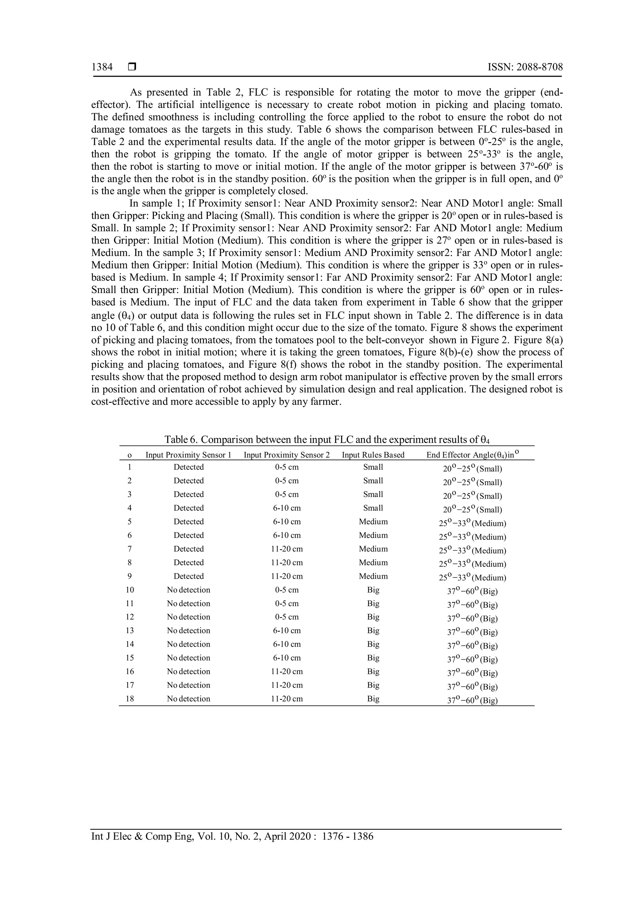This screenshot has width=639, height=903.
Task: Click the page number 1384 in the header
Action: point(102,67)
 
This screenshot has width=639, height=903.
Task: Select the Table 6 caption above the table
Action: point(327,439)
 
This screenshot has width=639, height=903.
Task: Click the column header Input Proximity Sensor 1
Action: point(188,455)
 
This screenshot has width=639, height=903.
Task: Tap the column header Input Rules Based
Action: point(373,455)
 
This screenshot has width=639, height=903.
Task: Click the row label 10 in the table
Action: point(130,590)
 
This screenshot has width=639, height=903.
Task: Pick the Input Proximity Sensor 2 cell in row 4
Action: point(287,508)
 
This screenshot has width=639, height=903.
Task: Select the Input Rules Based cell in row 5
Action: point(373,522)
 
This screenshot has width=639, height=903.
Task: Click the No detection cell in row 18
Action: point(188,699)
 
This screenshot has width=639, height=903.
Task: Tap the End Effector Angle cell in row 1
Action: point(472,469)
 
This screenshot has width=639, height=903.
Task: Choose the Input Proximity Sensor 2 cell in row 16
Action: point(287,672)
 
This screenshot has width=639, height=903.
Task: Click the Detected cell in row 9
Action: point(188,576)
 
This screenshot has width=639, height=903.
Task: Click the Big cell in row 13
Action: point(373,631)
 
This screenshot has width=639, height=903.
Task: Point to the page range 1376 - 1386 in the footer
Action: point(348,837)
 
